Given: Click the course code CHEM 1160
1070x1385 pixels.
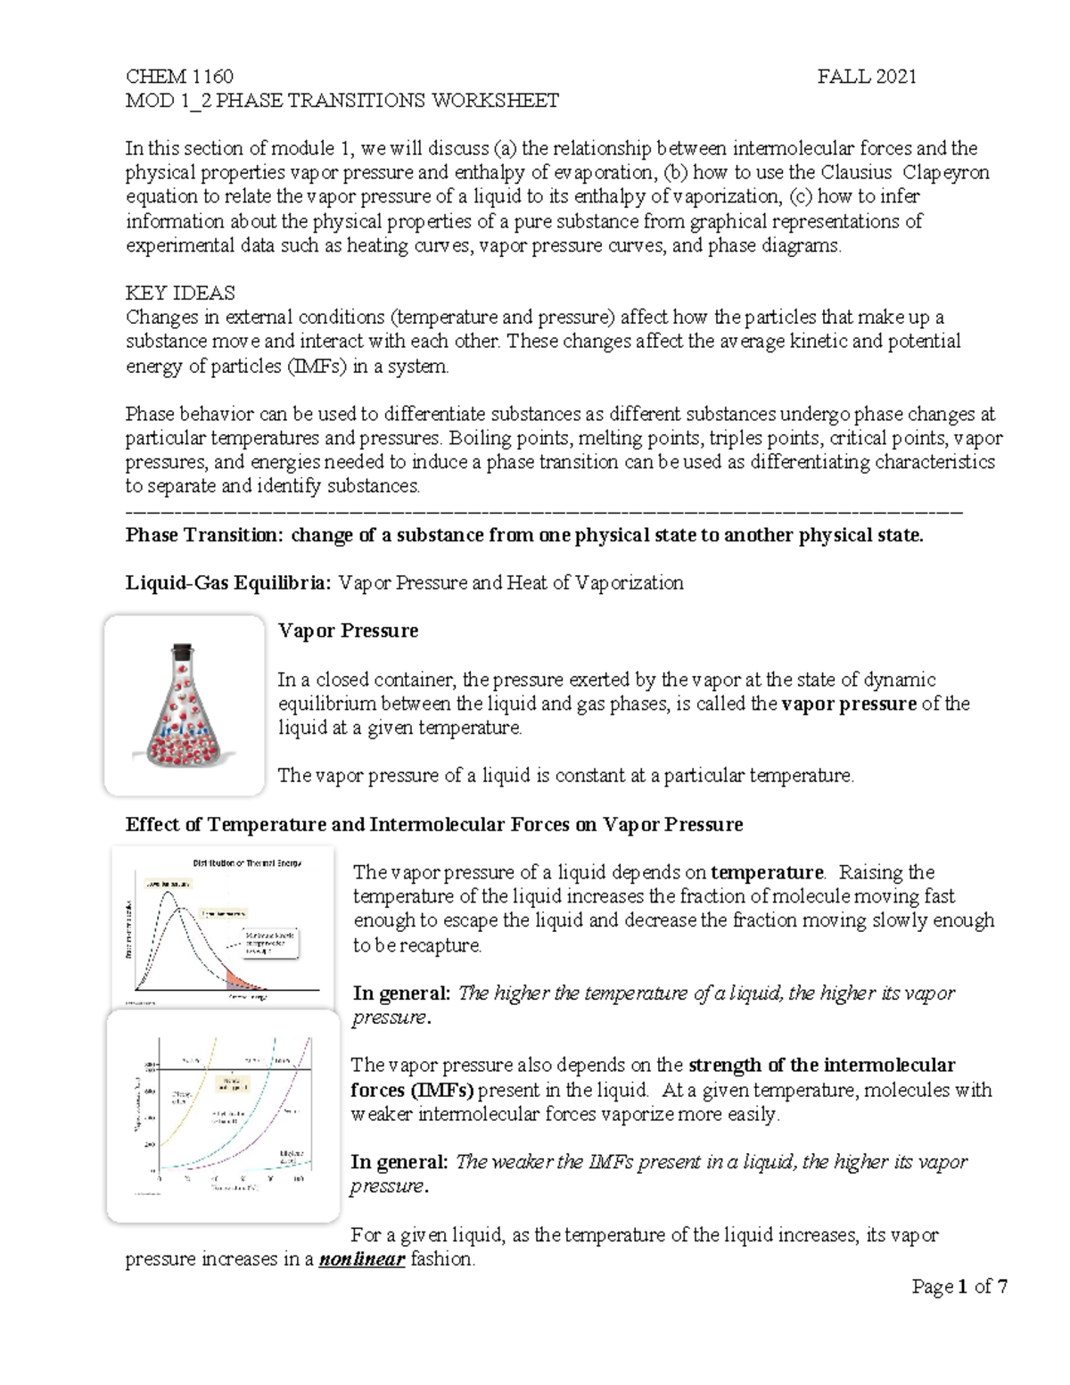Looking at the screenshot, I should coord(179,77).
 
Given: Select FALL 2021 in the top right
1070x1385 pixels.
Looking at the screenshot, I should coord(867,77).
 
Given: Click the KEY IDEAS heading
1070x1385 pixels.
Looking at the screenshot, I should coord(180,293).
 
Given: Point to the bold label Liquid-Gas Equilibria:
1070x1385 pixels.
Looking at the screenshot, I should coord(228,583).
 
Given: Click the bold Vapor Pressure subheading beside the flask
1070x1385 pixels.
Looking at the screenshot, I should coord(348,631).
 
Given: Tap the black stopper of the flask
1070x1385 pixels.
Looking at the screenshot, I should coord(183,651).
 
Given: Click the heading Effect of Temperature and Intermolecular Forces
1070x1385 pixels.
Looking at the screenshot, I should coord(434,824).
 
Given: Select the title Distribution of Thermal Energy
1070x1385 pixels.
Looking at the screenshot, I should coord(247,862).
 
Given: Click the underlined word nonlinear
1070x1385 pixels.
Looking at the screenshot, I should coord(361,1260).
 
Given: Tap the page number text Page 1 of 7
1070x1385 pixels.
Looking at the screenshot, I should coord(959,1287).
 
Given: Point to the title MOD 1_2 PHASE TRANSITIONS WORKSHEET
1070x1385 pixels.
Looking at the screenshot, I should coord(342,101).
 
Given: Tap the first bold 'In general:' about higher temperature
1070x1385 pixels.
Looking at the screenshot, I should coord(402,993).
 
